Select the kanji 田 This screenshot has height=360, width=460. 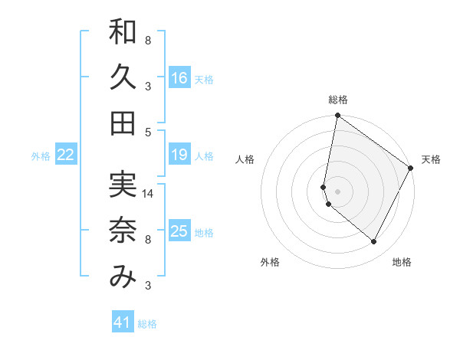[123, 123]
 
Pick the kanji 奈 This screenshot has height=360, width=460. [123, 231]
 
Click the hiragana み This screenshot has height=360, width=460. [123, 277]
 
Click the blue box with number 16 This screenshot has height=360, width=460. [179, 77]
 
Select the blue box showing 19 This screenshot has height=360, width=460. [179, 155]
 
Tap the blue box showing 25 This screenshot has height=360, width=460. [179, 231]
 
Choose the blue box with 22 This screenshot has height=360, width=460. [66, 155]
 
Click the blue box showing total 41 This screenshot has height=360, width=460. [123, 322]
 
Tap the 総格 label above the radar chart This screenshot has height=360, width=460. [338, 100]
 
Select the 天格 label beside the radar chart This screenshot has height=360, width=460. [431, 159]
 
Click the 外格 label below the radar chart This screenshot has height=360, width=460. [270, 262]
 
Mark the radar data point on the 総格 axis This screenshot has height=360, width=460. [337, 116]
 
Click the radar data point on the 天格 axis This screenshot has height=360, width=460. [412, 169]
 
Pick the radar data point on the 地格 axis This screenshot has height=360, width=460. [374, 242]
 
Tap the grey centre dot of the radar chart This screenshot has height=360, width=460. [337, 191]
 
